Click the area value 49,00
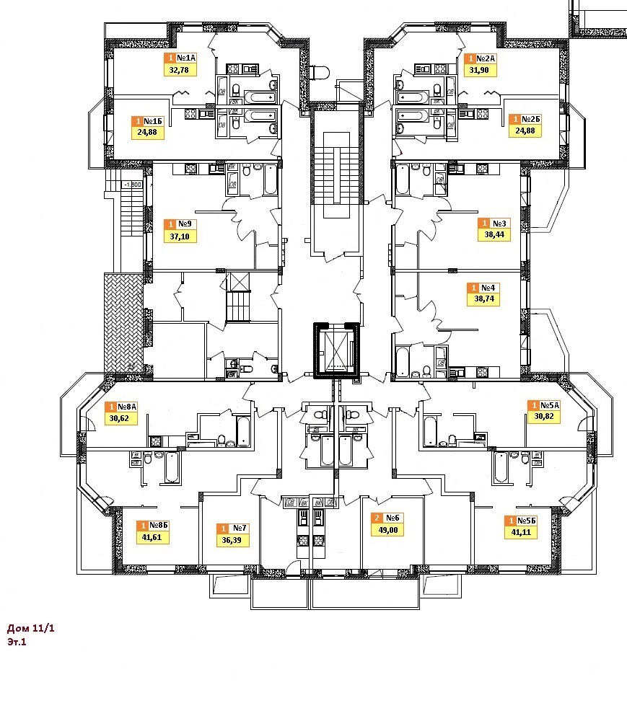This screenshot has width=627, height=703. [x=388, y=529]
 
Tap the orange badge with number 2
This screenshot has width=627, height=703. [x=377, y=518]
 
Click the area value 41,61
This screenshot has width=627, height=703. [x=151, y=537]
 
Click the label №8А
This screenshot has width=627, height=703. [x=128, y=407]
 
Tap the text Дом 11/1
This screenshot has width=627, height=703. [x=30, y=629]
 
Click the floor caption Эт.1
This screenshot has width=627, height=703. [x=17, y=642]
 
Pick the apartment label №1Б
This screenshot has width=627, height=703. [x=151, y=121]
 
